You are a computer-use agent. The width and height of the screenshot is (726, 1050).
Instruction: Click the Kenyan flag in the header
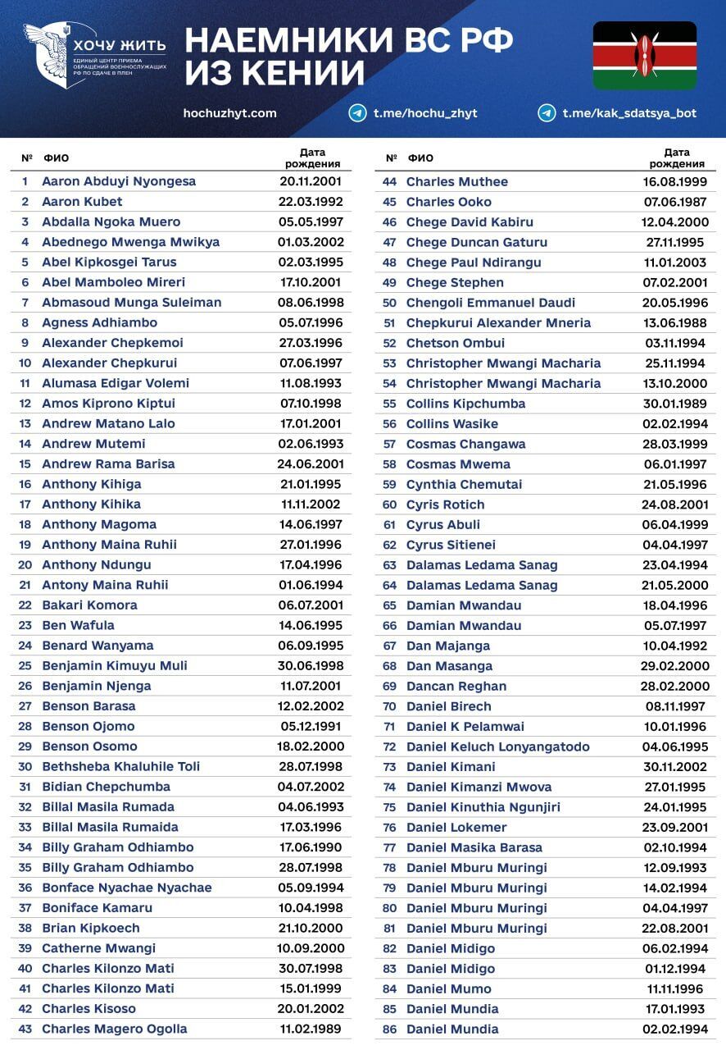click(x=644, y=55)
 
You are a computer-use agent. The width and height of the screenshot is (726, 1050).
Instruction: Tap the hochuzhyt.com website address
click(x=230, y=113)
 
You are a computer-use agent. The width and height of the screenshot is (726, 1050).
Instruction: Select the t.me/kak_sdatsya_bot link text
click(x=629, y=113)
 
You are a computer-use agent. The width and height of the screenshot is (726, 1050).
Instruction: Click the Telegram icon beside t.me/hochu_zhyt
click(x=357, y=113)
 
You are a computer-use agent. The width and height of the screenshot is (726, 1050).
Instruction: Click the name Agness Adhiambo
click(x=99, y=322)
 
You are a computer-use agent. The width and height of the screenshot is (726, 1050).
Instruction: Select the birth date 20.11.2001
click(x=311, y=181)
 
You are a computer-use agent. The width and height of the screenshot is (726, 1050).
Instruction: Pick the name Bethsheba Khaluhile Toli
click(x=120, y=766)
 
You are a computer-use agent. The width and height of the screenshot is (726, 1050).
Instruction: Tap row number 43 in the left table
click(x=25, y=1029)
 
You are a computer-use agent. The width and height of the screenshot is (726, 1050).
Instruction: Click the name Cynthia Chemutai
click(x=464, y=484)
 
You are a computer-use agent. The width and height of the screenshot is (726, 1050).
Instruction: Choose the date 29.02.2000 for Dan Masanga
click(x=675, y=665)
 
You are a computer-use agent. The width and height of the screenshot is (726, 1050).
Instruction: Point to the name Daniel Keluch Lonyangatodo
click(x=497, y=746)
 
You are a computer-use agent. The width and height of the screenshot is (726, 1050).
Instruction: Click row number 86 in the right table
click(x=390, y=1029)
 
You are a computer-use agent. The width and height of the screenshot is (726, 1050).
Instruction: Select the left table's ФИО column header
click(x=56, y=157)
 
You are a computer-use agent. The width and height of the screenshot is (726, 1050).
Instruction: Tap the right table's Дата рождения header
click(x=676, y=157)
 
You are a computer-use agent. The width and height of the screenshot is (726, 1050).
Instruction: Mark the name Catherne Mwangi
click(x=98, y=947)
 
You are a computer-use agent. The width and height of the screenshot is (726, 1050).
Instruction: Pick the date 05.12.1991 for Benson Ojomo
click(x=311, y=726)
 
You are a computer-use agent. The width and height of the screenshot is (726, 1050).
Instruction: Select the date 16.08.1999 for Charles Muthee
click(x=675, y=181)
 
